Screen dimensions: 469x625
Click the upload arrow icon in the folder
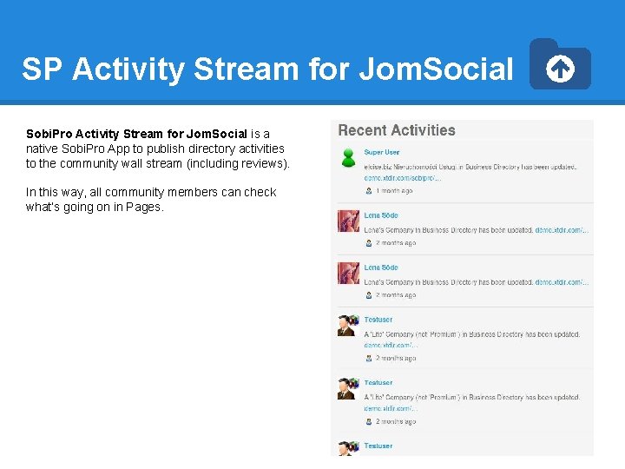561,69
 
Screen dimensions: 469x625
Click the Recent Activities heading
397,130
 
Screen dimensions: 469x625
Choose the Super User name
382,152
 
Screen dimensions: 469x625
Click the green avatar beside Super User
348,157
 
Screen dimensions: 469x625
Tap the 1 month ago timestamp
394,190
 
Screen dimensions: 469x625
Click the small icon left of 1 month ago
369,190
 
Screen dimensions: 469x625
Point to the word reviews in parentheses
264,163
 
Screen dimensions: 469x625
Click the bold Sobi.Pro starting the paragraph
49,134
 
